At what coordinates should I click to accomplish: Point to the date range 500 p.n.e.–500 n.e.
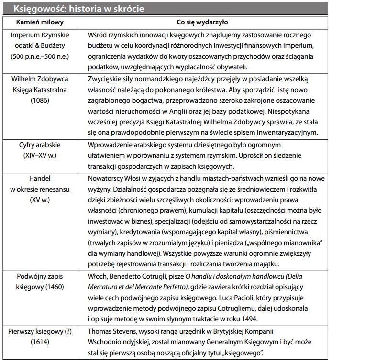click(x=40, y=56)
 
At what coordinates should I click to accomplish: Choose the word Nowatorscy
click(x=108, y=178)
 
